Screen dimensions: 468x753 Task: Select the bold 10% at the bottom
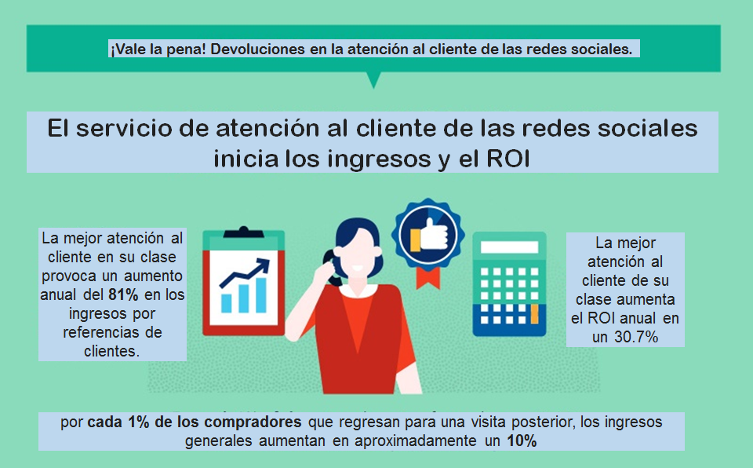point(522,441)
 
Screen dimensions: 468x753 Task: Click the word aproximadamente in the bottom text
point(413,441)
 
